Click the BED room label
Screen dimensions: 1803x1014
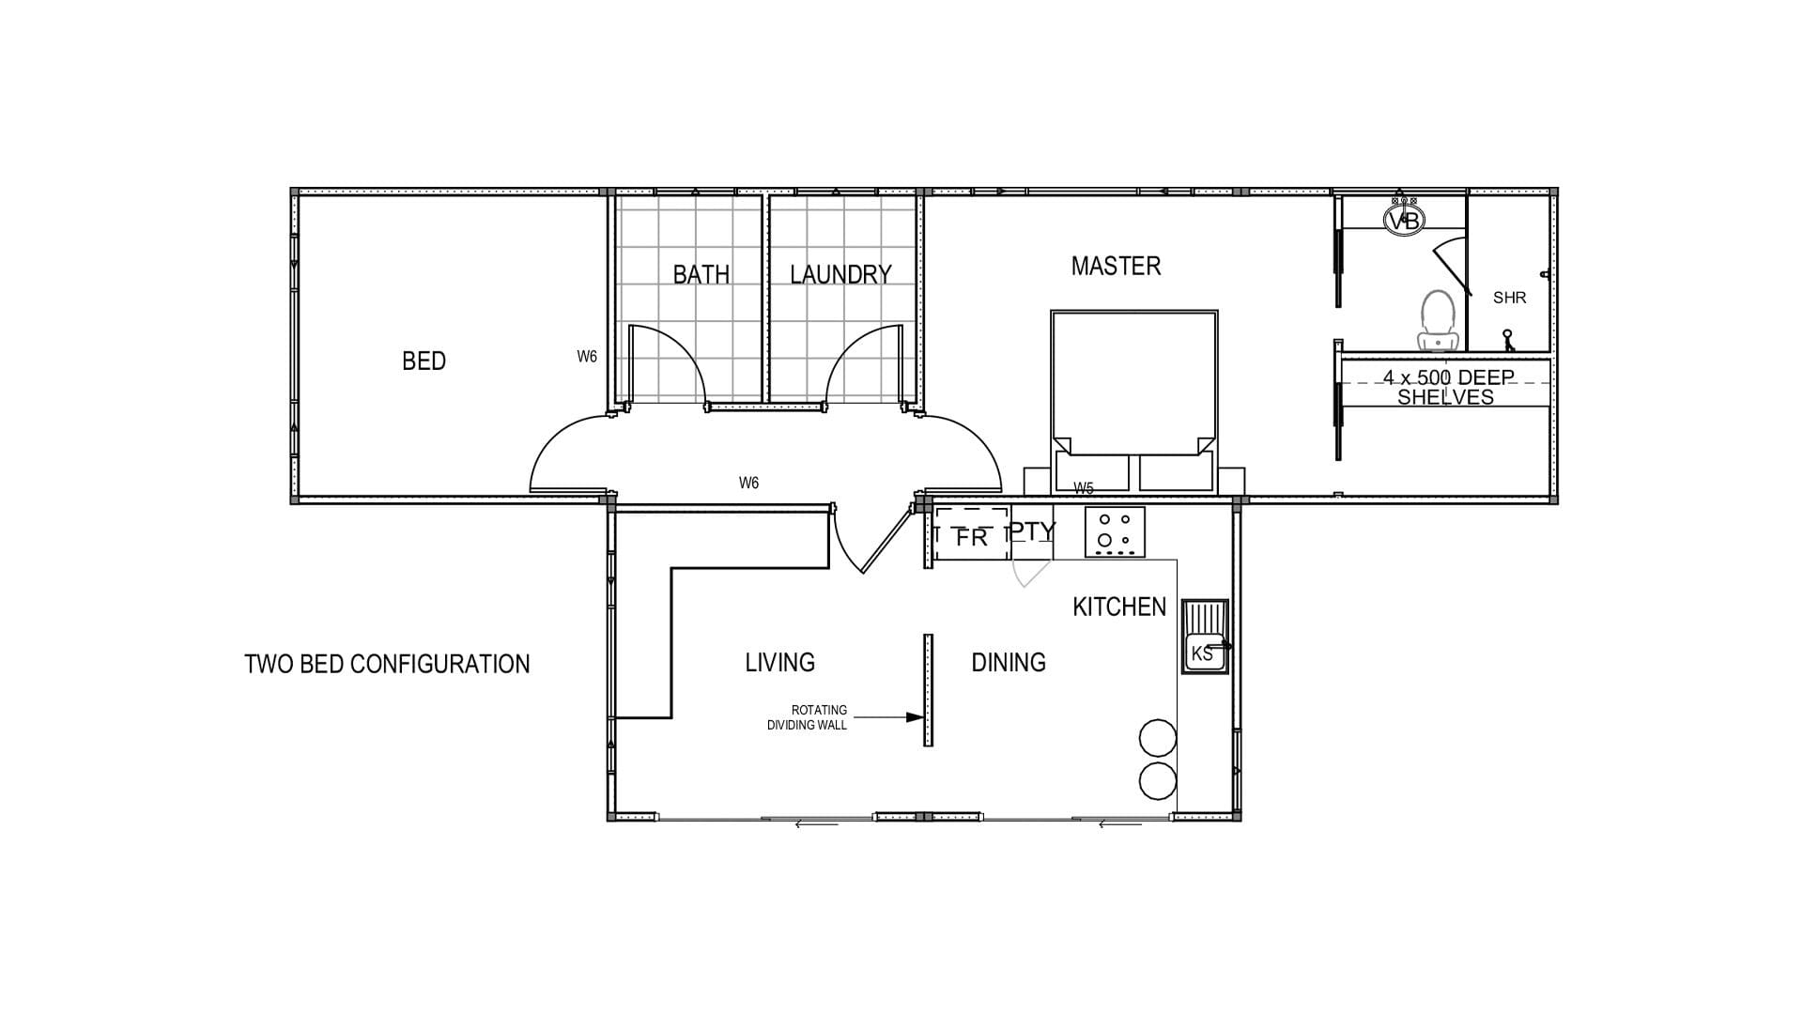coord(424,361)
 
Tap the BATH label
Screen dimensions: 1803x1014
coord(701,274)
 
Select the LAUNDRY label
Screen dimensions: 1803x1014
coord(840,274)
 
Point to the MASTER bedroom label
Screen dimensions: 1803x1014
coord(1116,266)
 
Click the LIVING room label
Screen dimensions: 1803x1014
coord(779,663)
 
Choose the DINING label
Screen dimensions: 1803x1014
coord(1009,663)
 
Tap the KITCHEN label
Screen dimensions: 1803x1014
coord(1119,607)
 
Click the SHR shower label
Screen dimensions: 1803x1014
coord(1509,298)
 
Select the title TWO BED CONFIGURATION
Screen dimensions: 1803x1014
coord(387,664)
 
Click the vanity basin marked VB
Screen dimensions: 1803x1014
coord(1404,220)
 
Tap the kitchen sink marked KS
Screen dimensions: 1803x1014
coord(1205,636)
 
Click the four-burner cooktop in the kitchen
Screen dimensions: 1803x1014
coord(1115,531)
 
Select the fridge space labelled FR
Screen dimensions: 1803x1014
coord(972,534)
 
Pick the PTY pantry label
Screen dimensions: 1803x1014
coord(1032,531)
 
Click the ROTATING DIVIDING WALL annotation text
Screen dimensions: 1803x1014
coord(807,717)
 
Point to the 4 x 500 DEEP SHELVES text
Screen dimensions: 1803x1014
coord(1446,387)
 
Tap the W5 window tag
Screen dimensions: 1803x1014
coord(1084,488)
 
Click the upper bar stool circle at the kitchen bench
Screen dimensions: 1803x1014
coord(1158,738)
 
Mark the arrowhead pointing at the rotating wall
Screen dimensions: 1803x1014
coord(915,717)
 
